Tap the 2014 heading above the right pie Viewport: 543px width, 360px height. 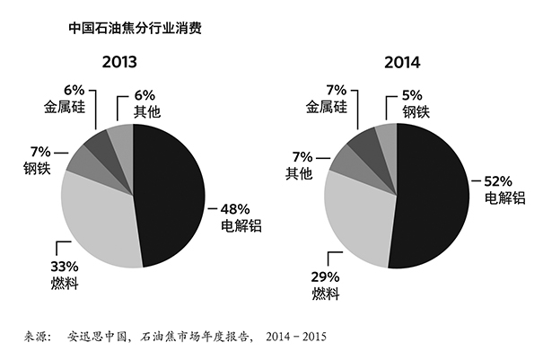pyautogui.click(x=396, y=63)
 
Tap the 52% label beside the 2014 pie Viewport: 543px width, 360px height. pyautogui.click(x=498, y=180)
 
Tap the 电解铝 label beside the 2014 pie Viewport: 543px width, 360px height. pyautogui.click(x=503, y=197)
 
